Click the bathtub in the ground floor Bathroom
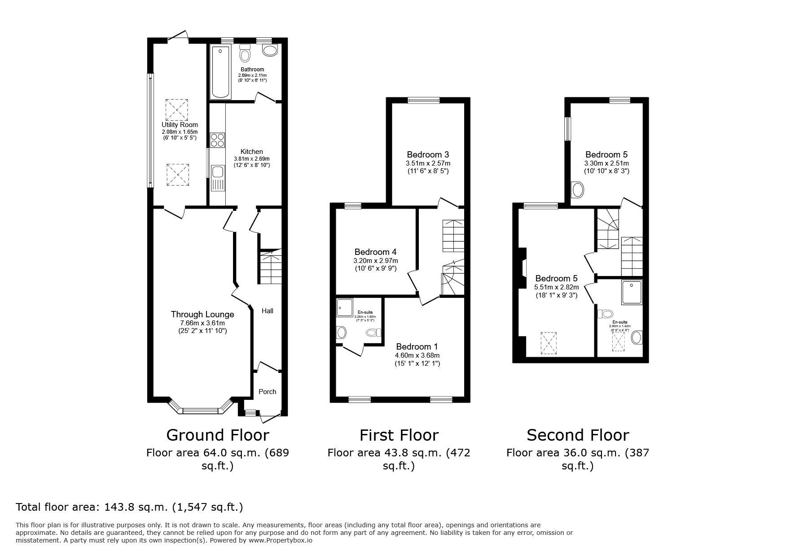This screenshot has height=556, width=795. [x=220, y=72]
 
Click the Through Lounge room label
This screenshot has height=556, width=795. [x=202, y=315]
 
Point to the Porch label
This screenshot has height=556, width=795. [x=268, y=392]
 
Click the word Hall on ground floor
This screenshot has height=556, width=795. [x=268, y=311]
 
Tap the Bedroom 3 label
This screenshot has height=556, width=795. [x=428, y=155]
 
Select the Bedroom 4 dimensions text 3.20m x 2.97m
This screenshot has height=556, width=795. [x=376, y=261]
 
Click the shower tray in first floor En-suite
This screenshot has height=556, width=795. [x=345, y=308]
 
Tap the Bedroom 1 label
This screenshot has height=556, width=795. [x=417, y=347]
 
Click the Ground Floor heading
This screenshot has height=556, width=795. [x=218, y=435]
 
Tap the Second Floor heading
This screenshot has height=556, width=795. [x=578, y=435]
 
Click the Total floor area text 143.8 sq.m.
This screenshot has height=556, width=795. [x=129, y=507]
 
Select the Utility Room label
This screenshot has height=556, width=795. [x=180, y=125]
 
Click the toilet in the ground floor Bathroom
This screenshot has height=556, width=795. [x=245, y=54]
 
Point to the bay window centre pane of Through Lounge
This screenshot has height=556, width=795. [x=200, y=410]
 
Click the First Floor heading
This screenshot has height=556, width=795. [x=399, y=435]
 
